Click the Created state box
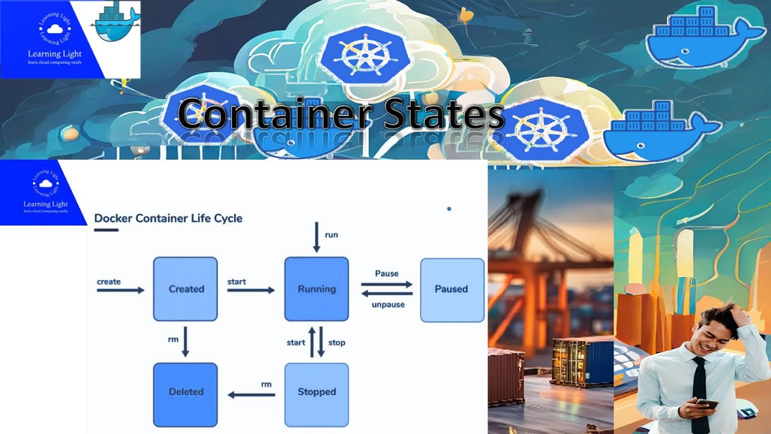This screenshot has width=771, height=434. [186, 289]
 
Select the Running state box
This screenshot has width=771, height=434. [316, 289]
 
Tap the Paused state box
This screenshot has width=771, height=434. [452, 289]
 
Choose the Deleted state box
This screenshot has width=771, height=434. [186, 392]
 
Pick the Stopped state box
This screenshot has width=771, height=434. [316, 392]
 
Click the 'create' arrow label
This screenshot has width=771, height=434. [109, 281]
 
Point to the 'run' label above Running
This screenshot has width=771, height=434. [331, 234]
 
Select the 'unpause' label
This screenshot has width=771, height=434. [388, 304]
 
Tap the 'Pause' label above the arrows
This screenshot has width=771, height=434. [387, 273]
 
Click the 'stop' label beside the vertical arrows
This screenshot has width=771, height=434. [337, 342]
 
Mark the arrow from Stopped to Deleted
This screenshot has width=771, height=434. [251, 395]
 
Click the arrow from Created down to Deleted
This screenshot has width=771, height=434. [186, 342]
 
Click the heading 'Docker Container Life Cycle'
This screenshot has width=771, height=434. [169, 218]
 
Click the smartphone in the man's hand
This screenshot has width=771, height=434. [707, 404]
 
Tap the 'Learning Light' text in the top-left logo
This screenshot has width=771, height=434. [55, 54]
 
